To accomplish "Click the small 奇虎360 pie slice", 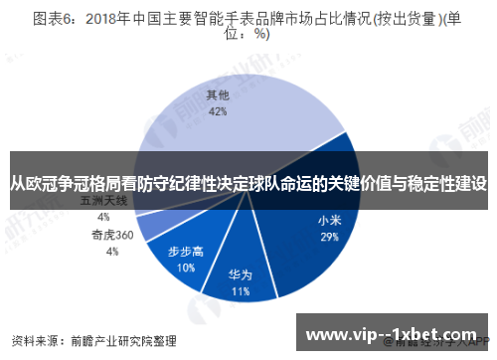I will tap(149, 226).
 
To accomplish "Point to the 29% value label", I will tap(330, 238).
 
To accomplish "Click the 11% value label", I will tap(240, 292).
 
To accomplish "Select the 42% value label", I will tap(218, 112).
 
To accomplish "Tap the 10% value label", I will tap(186, 268).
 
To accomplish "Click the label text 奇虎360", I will tap(112, 236).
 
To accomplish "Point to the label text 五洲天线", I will tap(103, 201).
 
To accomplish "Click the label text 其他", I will tap(218, 96).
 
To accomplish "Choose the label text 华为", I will tap(240, 275).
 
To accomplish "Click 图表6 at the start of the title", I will tap(55, 17).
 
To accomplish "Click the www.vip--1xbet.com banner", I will tap(395, 332).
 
